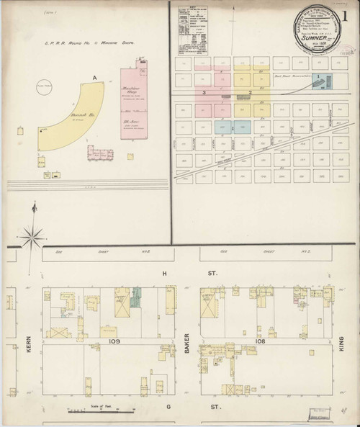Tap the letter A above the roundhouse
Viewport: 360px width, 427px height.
(x=94, y=76)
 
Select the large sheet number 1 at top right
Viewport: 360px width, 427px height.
(x=351, y=14)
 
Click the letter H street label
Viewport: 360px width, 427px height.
(x=165, y=272)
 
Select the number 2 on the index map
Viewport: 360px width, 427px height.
(x=250, y=93)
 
